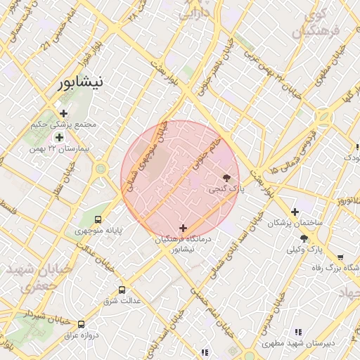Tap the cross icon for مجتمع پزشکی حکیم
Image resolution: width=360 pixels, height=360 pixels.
[x=64, y=113]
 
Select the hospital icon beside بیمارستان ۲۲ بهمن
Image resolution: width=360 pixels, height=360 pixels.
[x=59, y=137]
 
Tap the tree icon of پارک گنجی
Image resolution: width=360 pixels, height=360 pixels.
[x=226, y=178]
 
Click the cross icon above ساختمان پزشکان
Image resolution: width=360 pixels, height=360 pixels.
[x=295, y=212]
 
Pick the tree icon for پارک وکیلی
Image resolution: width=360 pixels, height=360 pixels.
[x=304, y=239]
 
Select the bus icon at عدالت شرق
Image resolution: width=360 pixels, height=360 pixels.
[x=122, y=289]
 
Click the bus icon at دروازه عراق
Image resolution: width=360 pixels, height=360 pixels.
[x=82, y=324]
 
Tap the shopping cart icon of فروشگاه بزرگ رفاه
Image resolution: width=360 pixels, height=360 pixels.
[x=340, y=257]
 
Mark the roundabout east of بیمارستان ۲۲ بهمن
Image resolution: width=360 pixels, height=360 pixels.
[x=101, y=169]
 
